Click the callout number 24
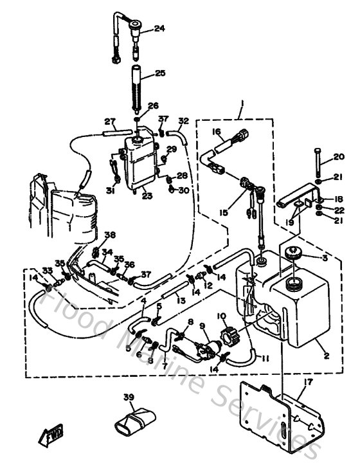tap(159, 28)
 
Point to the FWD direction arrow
tap(50, 438)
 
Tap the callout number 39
tap(129, 397)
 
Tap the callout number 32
tap(184, 121)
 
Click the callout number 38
tap(110, 235)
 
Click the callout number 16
tap(216, 132)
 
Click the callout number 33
tap(47, 270)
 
